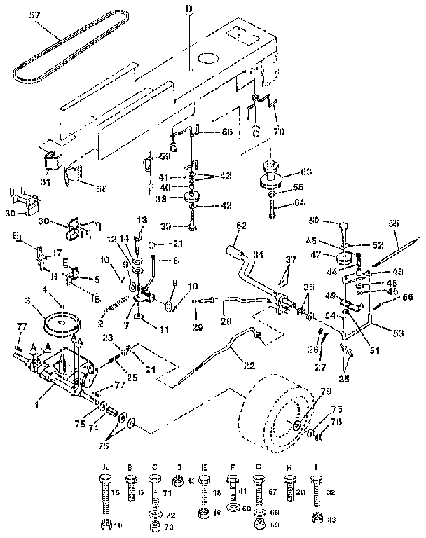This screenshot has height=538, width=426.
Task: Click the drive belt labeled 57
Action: tap(67, 55)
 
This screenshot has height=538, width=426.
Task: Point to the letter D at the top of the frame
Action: tap(188, 8)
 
